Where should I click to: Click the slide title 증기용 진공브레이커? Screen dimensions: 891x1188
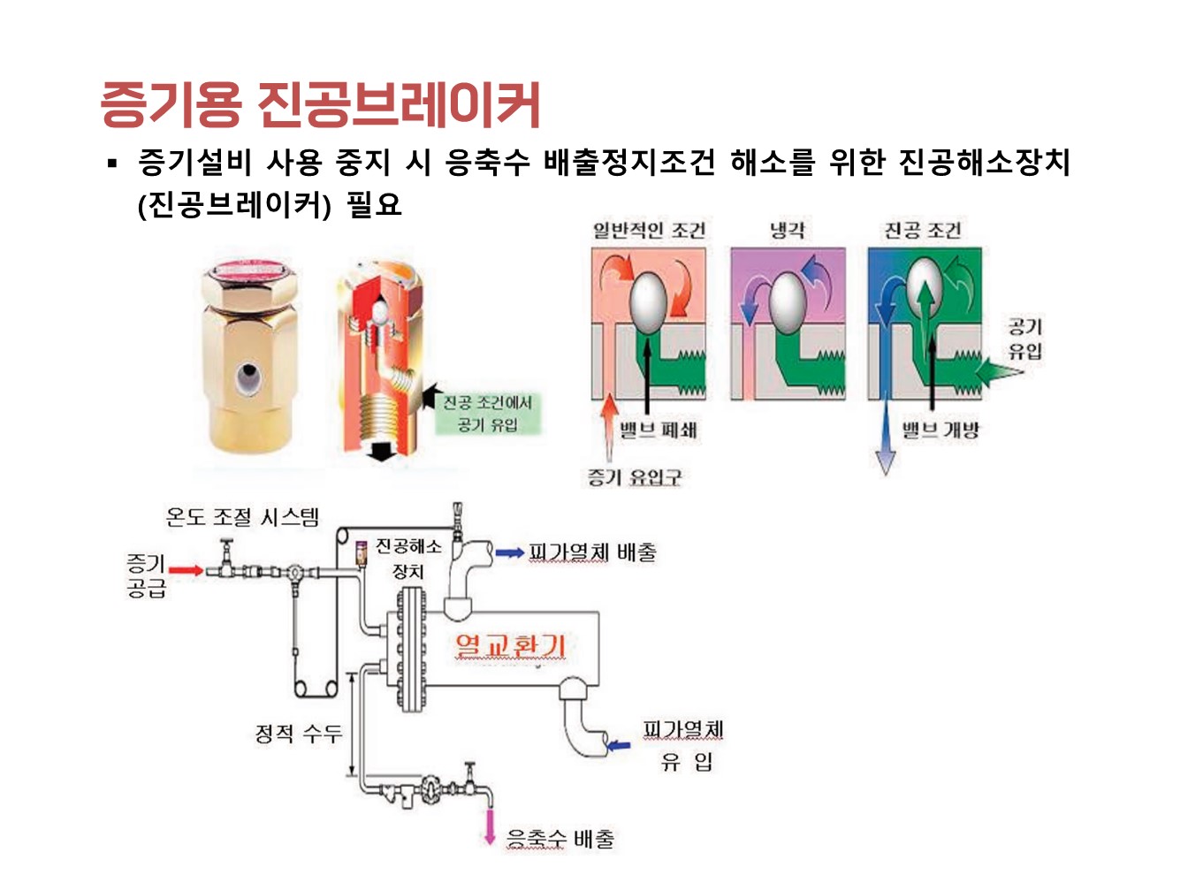(x=320, y=104)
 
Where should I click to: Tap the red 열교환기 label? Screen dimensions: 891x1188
(x=510, y=645)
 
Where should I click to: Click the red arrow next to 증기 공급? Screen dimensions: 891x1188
(x=186, y=570)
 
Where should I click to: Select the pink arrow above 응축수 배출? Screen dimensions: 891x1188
(x=488, y=826)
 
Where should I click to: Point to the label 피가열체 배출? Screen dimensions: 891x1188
(x=592, y=552)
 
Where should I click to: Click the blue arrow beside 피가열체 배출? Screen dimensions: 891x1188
(x=509, y=553)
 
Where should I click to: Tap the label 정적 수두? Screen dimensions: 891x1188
(x=298, y=733)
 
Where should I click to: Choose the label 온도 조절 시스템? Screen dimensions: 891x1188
(x=242, y=516)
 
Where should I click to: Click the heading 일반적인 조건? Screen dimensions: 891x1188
(x=649, y=231)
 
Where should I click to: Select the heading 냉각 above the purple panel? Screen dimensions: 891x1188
(x=787, y=231)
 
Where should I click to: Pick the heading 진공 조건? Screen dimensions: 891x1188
(x=923, y=231)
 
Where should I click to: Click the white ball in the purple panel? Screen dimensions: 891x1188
(x=788, y=301)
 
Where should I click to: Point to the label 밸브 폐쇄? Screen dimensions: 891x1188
(x=658, y=430)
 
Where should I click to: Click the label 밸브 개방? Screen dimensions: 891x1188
(x=940, y=430)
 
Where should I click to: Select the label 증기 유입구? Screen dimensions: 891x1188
(x=635, y=477)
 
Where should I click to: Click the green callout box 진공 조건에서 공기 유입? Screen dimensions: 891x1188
(x=487, y=414)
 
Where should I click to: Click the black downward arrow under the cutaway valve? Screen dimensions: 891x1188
(x=381, y=448)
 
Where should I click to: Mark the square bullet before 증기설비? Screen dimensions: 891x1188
(x=112, y=163)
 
